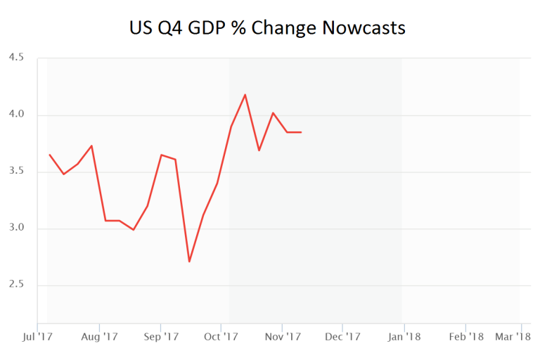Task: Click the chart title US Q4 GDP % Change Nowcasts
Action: coord(267,28)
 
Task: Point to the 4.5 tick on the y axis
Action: coord(16,58)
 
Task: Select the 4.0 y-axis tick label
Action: coord(16,115)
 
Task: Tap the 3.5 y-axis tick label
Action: coord(16,172)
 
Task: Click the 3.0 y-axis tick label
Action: coord(16,229)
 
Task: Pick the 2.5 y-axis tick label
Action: coord(16,285)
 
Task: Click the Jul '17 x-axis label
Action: coord(39,337)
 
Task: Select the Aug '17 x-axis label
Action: coord(100,337)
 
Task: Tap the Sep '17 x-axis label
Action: coord(161,337)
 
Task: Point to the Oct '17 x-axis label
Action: coord(221,337)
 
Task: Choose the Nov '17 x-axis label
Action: coord(282,337)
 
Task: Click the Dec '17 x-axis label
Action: coord(342,337)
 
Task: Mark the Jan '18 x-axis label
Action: coord(404,337)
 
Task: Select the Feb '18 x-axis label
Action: coord(466,337)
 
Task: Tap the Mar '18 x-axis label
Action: coord(513,337)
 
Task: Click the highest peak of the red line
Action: coord(245,94)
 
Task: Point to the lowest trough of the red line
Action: coord(189,262)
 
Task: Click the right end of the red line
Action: coord(301,132)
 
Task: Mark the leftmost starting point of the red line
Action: coord(49,155)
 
